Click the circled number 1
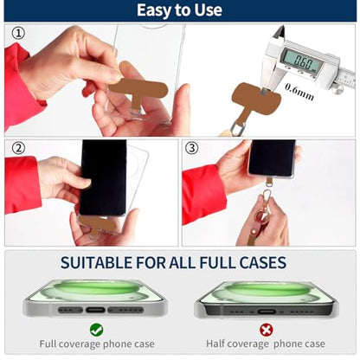tap(18, 33)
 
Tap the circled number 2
tap(18, 148)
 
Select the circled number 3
tap(192, 148)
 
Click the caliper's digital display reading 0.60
tap(300, 61)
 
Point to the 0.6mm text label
tap(299, 92)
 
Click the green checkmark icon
tap(96, 330)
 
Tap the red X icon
tap(266, 330)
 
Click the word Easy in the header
tap(153, 10)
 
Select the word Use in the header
tap(209, 10)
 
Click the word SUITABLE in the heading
tap(96, 262)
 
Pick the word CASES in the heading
tap(263, 262)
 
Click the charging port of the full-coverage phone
tap(95, 311)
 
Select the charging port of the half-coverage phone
tap(267, 312)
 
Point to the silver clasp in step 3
tap(267, 198)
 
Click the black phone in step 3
tap(272, 158)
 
